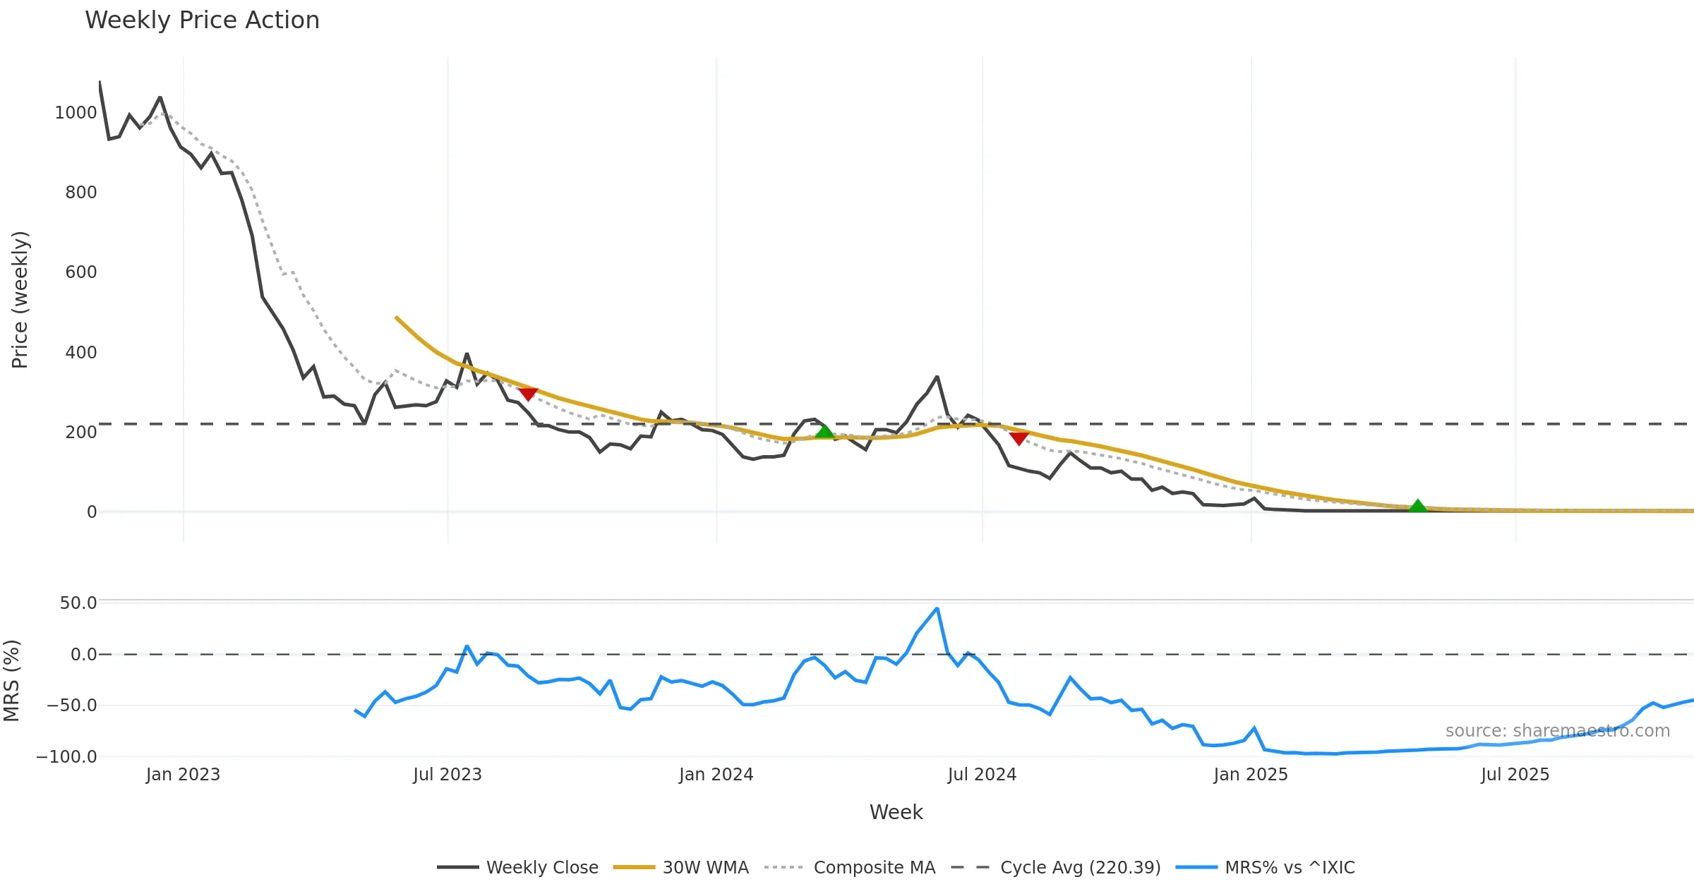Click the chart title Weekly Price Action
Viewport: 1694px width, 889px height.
tap(202, 20)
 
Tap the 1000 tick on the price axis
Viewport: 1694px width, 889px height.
tap(76, 113)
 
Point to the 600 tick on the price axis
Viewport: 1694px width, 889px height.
tap(80, 272)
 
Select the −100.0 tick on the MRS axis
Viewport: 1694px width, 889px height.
tap(66, 757)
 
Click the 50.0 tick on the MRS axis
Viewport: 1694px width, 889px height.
tap(78, 603)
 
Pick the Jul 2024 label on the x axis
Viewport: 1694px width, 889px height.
tap(982, 775)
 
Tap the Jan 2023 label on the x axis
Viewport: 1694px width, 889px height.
tap(183, 775)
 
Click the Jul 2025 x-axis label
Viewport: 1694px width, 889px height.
tap(1515, 775)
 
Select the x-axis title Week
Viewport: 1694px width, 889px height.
tap(896, 812)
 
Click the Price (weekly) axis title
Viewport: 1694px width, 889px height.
tap(20, 300)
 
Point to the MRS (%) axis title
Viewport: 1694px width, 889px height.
tap(11, 681)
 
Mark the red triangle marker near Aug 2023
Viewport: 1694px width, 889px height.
tap(528, 394)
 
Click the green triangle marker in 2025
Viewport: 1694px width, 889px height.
tap(1417, 506)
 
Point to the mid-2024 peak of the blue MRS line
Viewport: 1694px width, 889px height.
tap(937, 609)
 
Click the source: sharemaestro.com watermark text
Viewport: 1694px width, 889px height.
tap(1557, 731)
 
